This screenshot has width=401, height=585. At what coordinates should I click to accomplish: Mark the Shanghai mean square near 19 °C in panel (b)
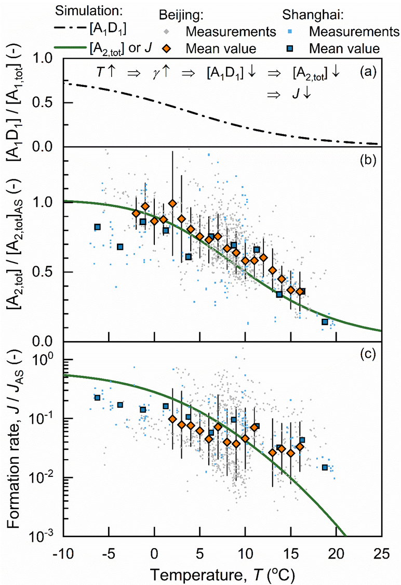(x=325, y=322)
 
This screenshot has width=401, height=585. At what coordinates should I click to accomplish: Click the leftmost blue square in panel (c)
(x=97, y=398)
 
